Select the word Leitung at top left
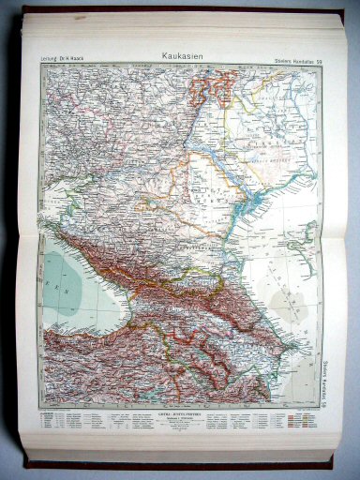(49, 62)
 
